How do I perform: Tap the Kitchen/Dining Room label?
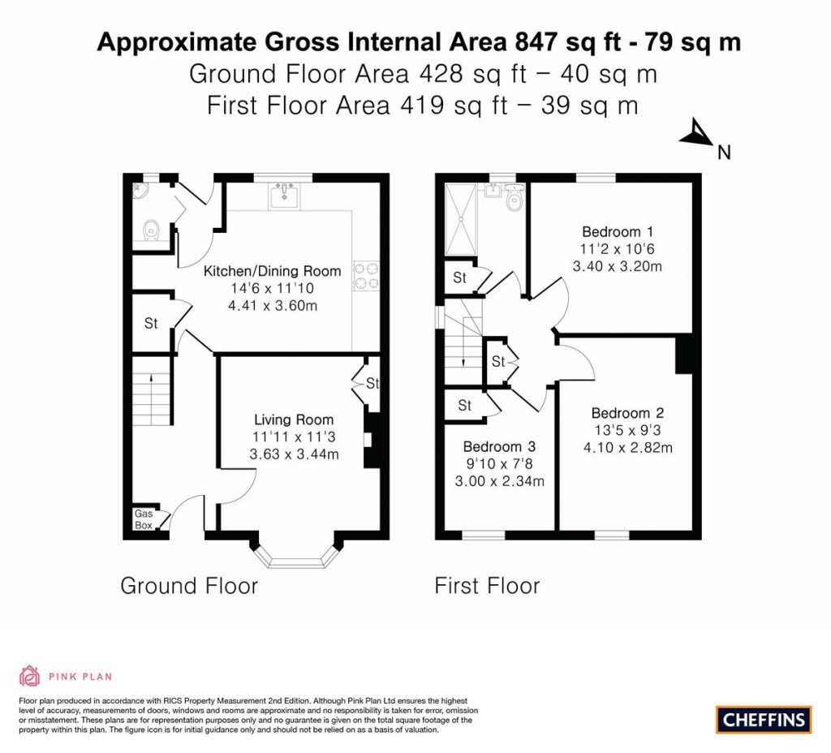[x=272, y=271]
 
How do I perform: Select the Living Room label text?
[x=294, y=420]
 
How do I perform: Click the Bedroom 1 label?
[x=611, y=231]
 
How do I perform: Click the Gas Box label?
[x=144, y=519]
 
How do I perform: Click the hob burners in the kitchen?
[x=364, y=276]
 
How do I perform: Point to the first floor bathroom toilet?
[x=514, y=200]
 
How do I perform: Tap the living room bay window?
[x=294, y=555]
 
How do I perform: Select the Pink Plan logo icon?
[x=29, y=675]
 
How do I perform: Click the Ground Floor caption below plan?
[x=189, y=585]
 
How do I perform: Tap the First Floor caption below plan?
[x=487, y=585]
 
